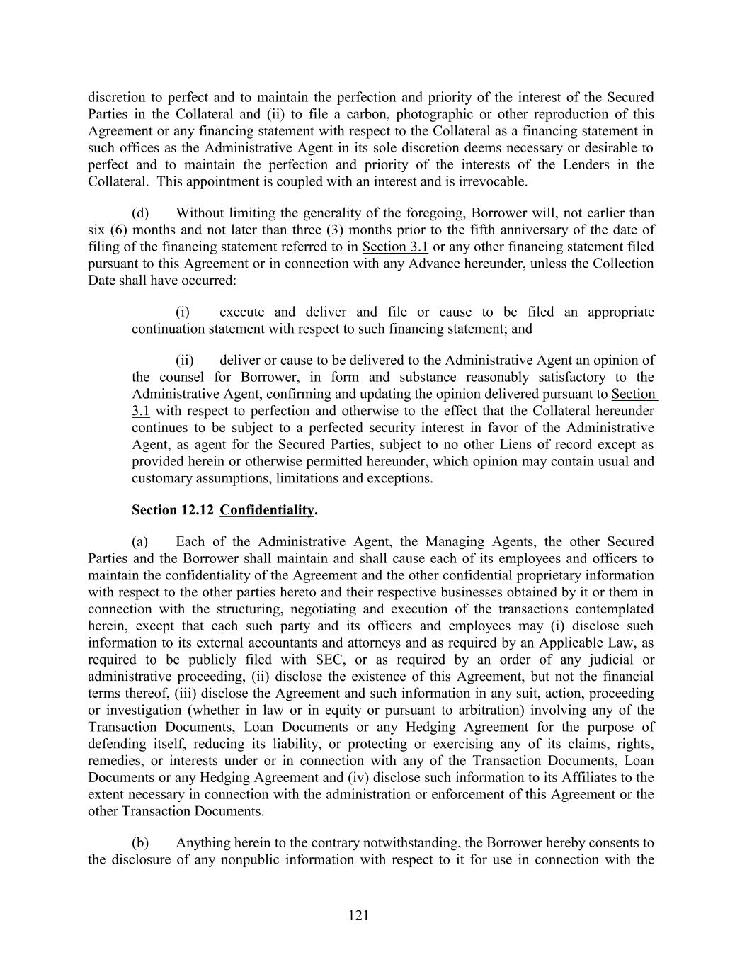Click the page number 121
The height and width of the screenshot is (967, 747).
coord(359,916)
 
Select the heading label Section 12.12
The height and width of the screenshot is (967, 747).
coord(172,510)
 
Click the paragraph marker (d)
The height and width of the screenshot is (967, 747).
coord(140,213)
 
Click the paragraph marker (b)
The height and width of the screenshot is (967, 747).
coord(140,843)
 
